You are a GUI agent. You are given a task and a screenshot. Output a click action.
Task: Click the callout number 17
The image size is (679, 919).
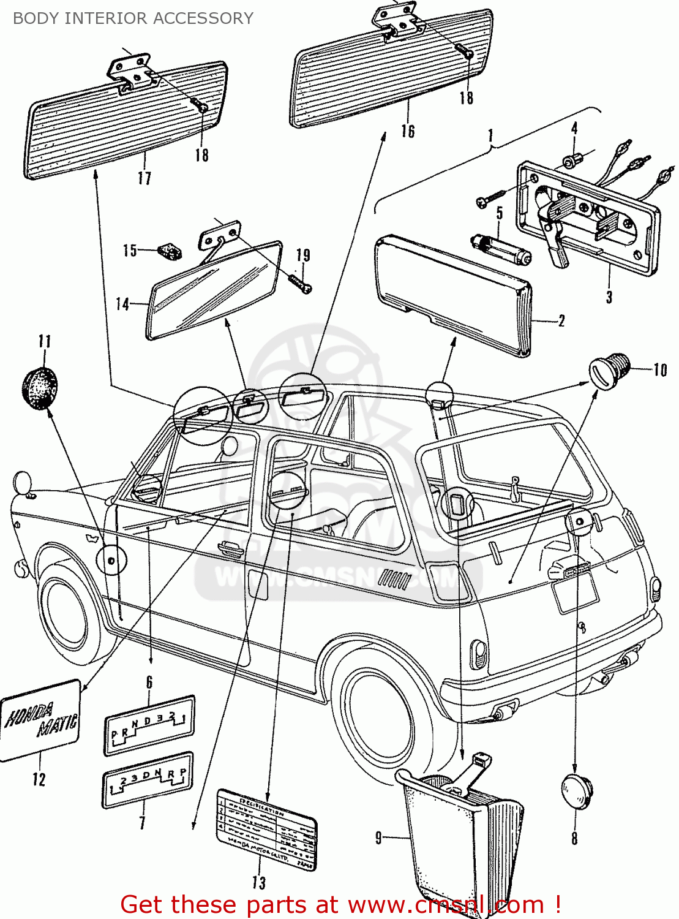coord(144,178)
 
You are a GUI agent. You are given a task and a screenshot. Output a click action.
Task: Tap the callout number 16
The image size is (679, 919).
coord(408,131)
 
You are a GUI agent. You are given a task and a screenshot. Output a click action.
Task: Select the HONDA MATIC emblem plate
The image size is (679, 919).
coord(40,719)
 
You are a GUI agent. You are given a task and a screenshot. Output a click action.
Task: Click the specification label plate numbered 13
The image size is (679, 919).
coord(267,829)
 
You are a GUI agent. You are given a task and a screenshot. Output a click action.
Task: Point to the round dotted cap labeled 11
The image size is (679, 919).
coord(40,388)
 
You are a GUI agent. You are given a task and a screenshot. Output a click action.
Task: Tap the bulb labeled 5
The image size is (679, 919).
coord(500,250)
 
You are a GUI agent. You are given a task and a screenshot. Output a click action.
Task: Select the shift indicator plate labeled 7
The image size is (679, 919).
coord(147,780)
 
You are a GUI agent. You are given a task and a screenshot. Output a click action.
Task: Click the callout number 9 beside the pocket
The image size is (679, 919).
coord(379,838)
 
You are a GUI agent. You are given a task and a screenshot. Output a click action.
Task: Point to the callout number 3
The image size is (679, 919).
coord(609,297)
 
